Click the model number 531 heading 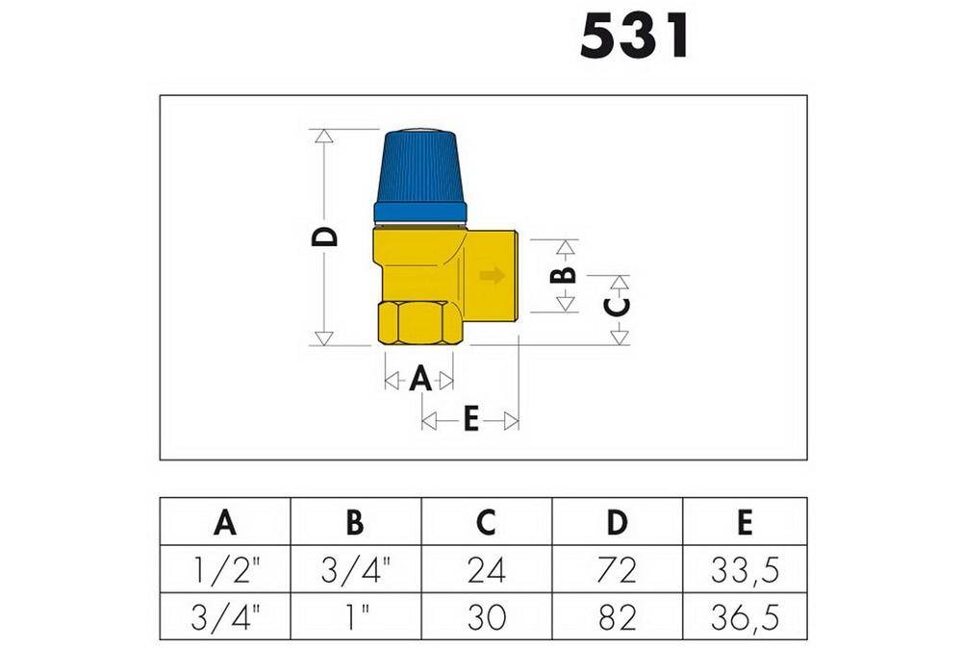click(634, 37)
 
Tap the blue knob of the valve click(420, 177)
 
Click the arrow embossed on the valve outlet click(492, 275)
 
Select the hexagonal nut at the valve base click(419, 322)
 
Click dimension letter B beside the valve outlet click(563, 275)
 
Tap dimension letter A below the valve click(420, 378)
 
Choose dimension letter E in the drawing click(470, 419)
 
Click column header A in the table click(225, 522)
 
